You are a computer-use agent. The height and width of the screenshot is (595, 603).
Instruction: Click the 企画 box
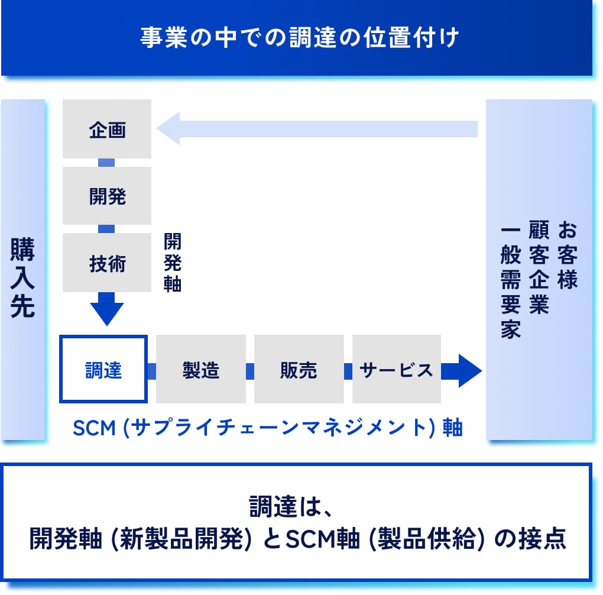click(x=107, y=129)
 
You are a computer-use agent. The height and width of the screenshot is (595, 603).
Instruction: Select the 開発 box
click(x=107, y=196)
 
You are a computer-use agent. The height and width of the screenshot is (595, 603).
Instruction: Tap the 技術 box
click(x=107, y=263)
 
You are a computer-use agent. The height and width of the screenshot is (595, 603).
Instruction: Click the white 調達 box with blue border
click(x=103, y=369)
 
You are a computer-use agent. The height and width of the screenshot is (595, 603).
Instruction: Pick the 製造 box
click(x=201, y=369)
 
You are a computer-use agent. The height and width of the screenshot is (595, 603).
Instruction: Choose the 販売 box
click(x=299, y=369)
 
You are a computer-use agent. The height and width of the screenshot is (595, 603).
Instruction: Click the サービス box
click(x=397, y=369)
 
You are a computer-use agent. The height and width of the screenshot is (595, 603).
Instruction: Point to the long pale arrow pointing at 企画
click(x=317, y=128)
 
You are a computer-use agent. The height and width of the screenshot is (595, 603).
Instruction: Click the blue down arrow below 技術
click(x=107, y=309)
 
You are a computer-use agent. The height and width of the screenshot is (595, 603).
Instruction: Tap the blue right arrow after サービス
click(x=462, y=371)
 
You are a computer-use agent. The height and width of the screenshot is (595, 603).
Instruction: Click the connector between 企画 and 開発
click(x=106, y=163)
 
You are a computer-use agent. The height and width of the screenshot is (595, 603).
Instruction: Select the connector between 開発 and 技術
click(x=106, y=229)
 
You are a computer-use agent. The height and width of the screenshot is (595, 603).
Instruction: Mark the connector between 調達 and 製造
click(x=152, y=371)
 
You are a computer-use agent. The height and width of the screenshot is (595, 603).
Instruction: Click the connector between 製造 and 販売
click(x=250, y=371)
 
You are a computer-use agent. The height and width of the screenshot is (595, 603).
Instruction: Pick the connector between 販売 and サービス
click(x=348, y=371)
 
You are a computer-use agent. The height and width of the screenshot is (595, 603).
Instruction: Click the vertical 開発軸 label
click(x=172, y=263)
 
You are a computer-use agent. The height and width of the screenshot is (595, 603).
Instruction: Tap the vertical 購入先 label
click(x=22, y=277)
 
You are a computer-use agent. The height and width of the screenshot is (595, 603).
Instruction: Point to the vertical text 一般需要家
click(x=510, y=282)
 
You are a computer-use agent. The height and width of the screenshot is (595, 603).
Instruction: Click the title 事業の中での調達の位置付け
click(x=299, y=37)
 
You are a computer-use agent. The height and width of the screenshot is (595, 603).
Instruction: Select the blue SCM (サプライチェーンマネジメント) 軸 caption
click(x=268, y=428)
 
